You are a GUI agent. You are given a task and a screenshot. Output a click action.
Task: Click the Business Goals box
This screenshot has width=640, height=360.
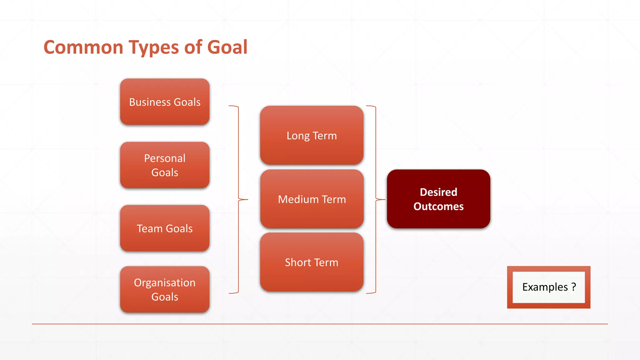click(x=165, y=102)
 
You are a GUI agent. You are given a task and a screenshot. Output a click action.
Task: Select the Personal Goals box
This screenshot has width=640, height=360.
click(x=165, y=165)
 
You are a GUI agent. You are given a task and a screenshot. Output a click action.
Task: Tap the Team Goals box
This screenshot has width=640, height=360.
click(x=165, y=228)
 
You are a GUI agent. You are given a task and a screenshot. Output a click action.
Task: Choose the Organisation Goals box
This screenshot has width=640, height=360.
click(x=165, y=289)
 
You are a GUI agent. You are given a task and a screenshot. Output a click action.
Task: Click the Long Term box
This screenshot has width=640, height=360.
click(x=312, y=135)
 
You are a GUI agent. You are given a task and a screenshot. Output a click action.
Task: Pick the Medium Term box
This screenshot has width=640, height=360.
click(x=312, y=199)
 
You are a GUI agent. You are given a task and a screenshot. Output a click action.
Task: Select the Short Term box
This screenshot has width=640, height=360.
click(x=312, y=262)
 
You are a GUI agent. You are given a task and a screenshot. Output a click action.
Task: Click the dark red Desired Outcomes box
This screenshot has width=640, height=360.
click(x=438, y=199)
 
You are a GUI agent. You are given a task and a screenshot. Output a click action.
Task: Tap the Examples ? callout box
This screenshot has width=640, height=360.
click(x=548, y=287)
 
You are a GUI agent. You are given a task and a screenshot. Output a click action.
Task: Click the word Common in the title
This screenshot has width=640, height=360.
click(x=83, y=47)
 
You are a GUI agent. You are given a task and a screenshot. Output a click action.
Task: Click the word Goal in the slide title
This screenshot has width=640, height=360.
click(x=227, y=47)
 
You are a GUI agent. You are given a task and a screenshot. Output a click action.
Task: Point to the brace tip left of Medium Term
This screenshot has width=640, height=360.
click(x=247, y=199)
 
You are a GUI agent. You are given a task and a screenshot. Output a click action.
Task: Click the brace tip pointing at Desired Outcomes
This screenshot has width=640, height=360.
click(x=384, y=199)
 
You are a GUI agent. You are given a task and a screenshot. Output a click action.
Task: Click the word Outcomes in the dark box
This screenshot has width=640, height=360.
click(x=438, y=207)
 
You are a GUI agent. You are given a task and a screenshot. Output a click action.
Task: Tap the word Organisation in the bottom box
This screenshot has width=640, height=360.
click(x=165, y=282)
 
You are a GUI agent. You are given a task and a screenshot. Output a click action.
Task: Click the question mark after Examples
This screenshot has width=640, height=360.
click(x=574, y=287)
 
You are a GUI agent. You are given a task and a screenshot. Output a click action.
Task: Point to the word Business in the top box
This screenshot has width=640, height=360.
click(x=150, y=102)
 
